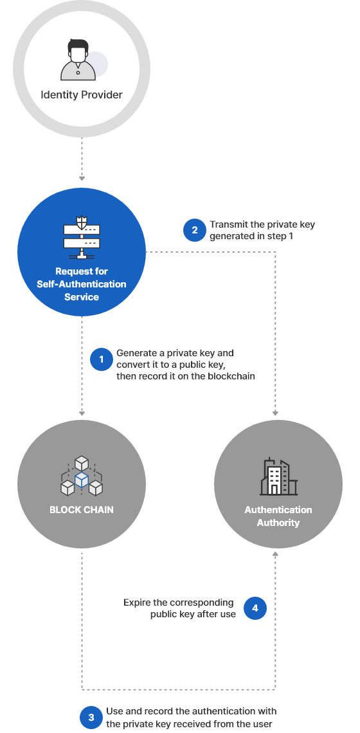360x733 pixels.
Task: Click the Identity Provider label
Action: coord(82,95)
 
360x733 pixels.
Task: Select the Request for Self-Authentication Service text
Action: coord(82,284)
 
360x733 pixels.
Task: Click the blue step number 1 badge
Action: coord(101,359)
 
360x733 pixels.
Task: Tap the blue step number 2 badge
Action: coord(194,230)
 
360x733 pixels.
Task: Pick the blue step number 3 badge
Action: coord(91,718)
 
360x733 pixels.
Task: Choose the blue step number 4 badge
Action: coord(255,608)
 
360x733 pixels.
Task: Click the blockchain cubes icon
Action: coord(82,476)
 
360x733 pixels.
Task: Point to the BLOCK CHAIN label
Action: coord(82,510)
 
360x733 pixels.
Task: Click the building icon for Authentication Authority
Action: coord(278,476)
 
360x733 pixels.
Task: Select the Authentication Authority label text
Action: coord(278,516)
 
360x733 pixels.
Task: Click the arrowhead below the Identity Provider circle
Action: coord(82,177)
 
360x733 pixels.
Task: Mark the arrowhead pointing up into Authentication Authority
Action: coord(276,554)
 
